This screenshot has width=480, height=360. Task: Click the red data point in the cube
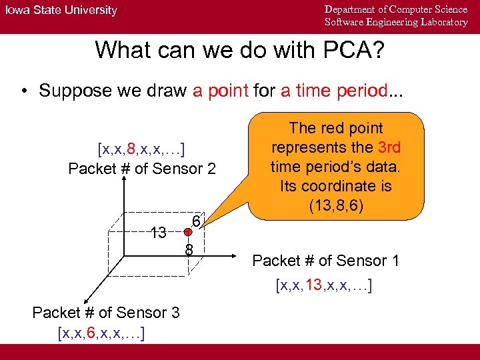click(x=189, y=233)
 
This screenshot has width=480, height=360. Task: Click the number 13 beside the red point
click(x=158, y=233)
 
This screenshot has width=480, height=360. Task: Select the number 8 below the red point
click(x=189, y=251)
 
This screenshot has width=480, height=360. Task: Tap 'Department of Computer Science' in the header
click(x=396, y=9)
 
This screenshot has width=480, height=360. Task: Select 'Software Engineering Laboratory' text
click(x=396, y=23)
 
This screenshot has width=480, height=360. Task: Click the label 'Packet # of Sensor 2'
click(x=142, y=169)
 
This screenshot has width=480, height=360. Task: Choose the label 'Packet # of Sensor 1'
click(x=325, y=261)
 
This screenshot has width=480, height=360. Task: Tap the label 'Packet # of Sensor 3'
click(x=105, y=313)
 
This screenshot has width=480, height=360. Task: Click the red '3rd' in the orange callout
click(x=388, y=147)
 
